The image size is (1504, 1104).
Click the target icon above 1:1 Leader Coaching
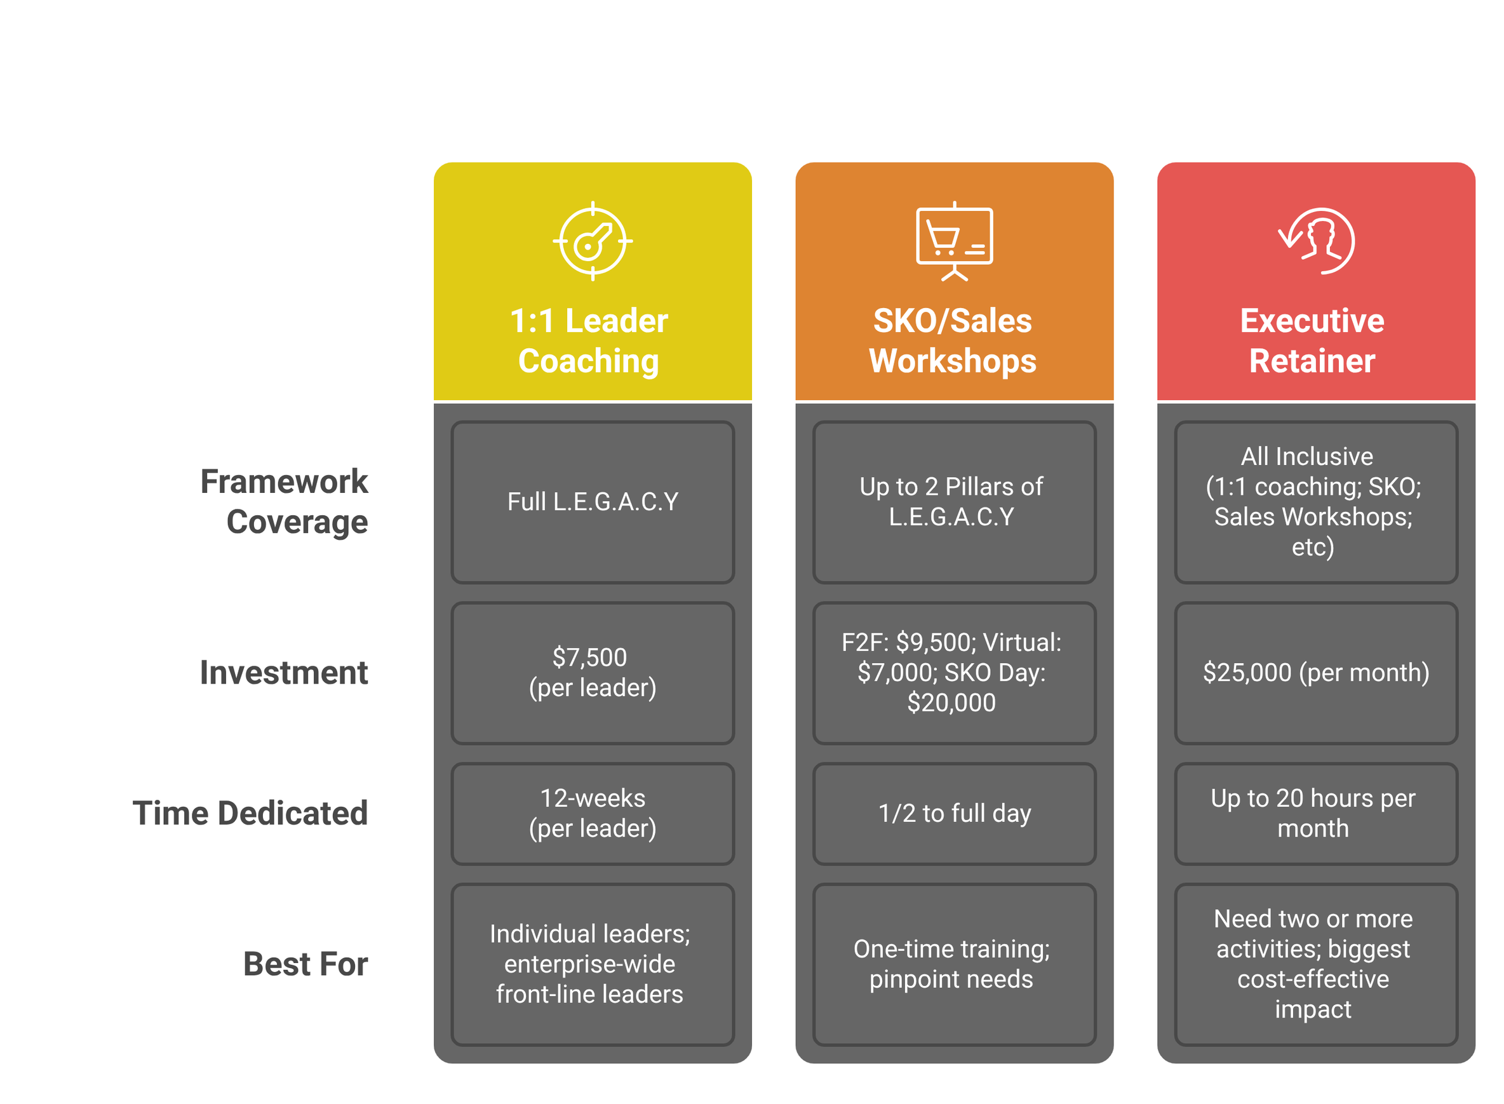click(592, 241)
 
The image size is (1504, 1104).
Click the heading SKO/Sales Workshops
click(953, 341)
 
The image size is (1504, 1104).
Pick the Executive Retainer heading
click(1312, 341)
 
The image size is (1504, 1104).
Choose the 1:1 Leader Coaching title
click(589, 341)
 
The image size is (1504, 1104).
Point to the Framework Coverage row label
click(285, 501)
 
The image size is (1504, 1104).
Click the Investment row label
click(284, 672)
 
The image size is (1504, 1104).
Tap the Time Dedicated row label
click(250, 813)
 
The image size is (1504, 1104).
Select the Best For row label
click(306, 964)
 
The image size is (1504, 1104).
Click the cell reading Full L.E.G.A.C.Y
click(593, 502)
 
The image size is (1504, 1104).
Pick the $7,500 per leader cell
click(593, 672)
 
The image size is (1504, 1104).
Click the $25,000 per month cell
click(1315, 672)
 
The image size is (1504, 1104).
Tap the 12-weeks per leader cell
click(593, 813)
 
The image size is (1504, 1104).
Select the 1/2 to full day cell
click(954, 813)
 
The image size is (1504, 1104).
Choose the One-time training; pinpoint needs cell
click(951, 964)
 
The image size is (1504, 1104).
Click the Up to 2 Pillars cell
click(951, 502)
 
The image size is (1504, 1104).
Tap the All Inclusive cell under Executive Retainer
click(1313, 502)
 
